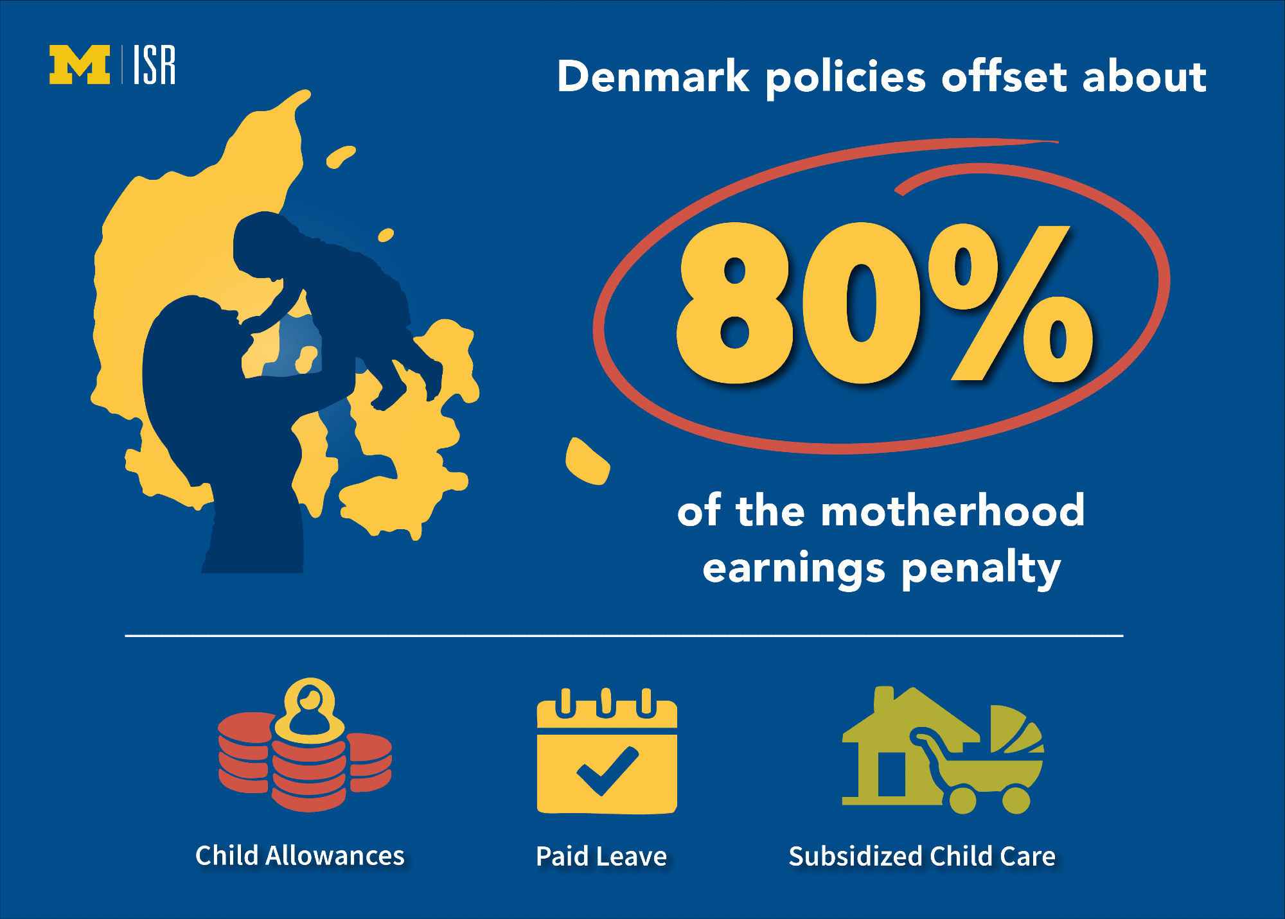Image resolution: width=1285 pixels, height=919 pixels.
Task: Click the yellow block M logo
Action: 80,64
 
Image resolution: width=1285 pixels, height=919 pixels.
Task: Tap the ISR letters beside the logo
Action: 154,64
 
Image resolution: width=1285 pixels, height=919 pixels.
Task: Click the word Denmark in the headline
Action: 653,76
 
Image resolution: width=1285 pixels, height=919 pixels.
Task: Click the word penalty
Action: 981,569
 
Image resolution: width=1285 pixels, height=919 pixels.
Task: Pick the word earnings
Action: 793,570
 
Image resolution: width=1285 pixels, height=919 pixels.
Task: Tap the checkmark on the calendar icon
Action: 607,770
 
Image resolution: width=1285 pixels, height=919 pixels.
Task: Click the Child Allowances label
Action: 300,856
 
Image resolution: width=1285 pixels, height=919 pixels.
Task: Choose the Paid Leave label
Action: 601,857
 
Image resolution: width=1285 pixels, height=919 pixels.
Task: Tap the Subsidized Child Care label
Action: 922,857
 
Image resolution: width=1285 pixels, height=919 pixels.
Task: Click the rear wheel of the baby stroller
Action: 962,800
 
